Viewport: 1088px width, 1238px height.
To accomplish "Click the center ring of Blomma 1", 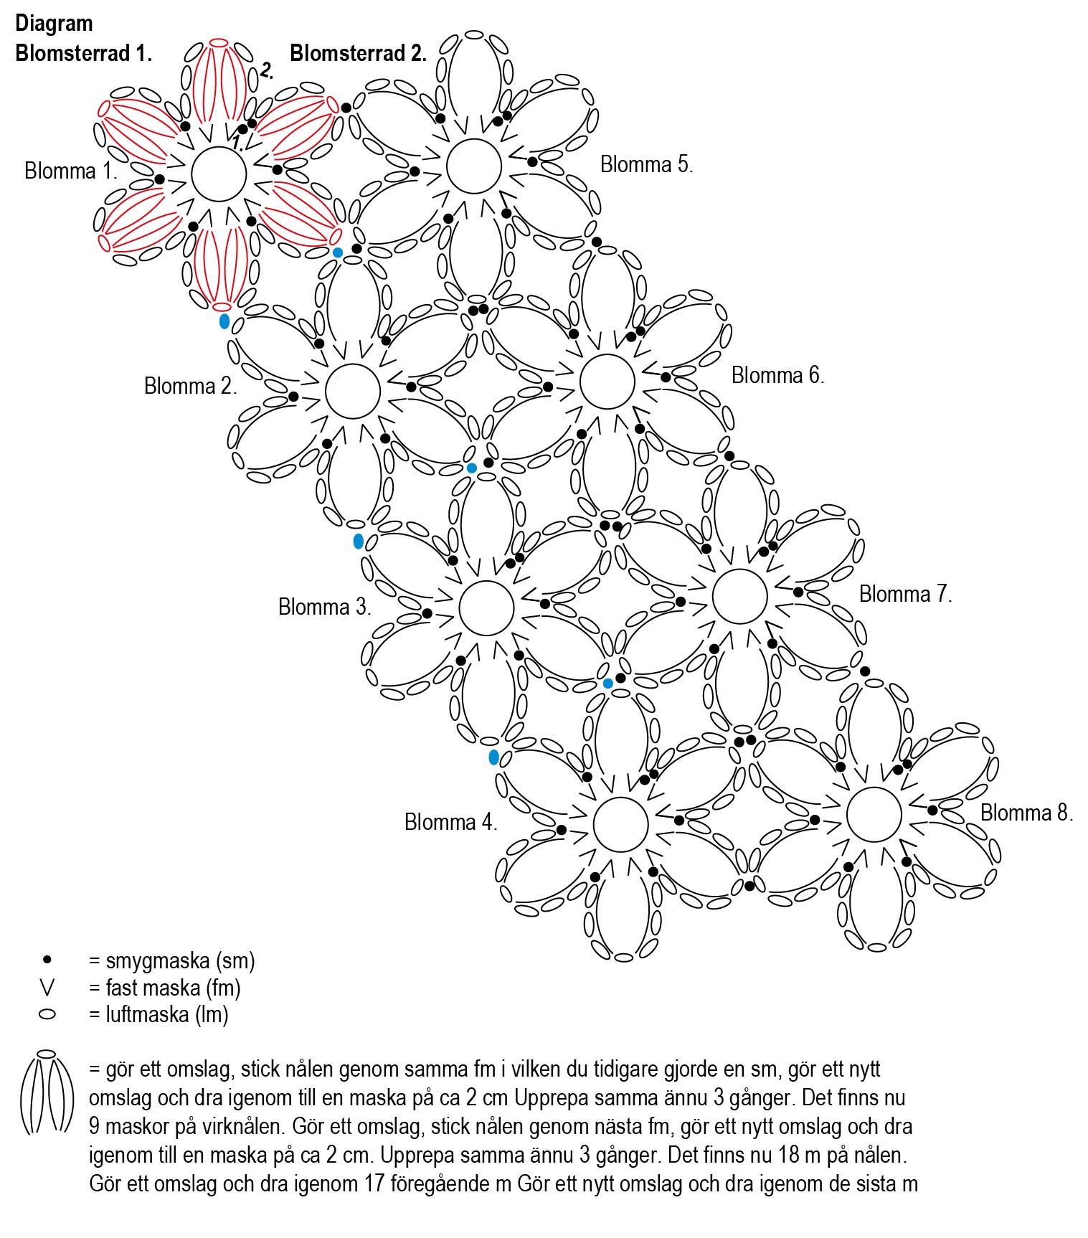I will [x=219, y=174].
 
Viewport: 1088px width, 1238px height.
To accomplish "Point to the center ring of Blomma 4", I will [x=621, y=823].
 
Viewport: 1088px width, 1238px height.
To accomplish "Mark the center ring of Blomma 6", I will [x=607, y=381].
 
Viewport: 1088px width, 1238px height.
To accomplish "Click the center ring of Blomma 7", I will [x=739, y=596].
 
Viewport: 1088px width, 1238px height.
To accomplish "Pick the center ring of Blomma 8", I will [x=874, y=814].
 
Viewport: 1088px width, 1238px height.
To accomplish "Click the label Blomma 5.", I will [x=646, y=165].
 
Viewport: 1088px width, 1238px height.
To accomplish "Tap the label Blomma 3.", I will [x=324, y=608].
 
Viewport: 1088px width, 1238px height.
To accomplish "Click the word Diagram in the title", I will [x=54, y=23].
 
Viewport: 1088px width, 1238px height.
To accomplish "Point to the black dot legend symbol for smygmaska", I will [x=47, y=960].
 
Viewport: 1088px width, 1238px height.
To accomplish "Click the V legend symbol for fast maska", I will [x=47, y=988].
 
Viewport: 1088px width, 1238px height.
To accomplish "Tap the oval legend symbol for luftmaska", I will [x=47, y=1015].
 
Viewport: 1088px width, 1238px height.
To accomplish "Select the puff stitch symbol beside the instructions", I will [x=47, y=1094].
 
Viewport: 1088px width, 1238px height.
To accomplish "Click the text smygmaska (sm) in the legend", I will [x=172, y=960].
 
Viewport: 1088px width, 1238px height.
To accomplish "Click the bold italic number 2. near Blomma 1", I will [x=266, y=70].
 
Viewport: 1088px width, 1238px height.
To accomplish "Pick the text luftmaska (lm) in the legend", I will [x=159, y=1015].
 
